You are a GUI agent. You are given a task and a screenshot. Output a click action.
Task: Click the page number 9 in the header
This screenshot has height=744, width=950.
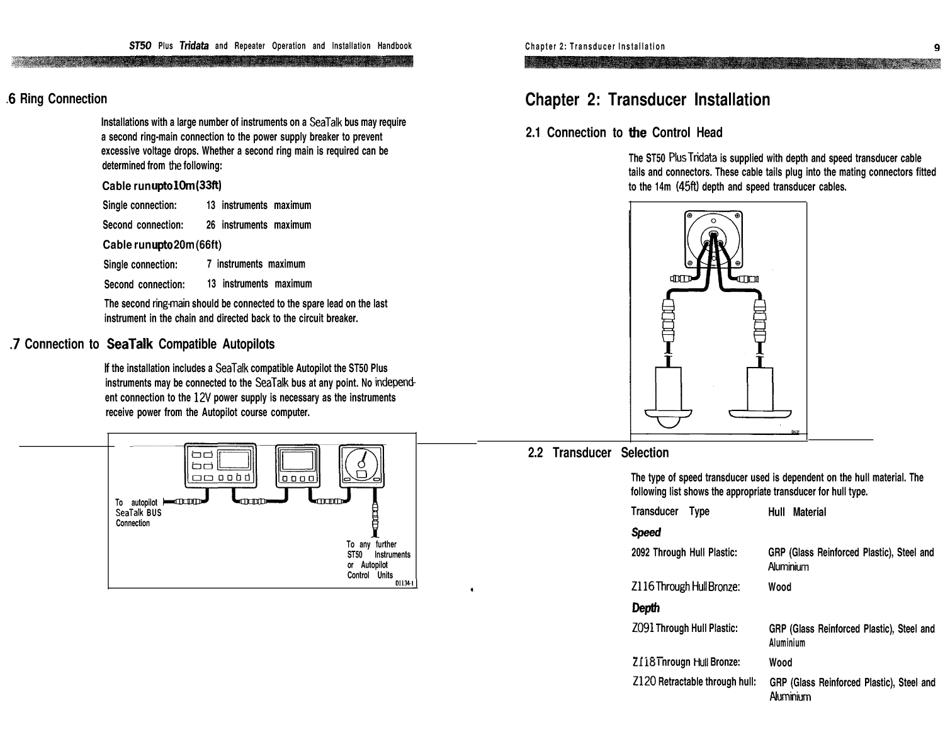[x=937, y=47]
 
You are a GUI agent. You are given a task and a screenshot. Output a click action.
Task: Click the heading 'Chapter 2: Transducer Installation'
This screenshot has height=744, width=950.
[x=647, y=99]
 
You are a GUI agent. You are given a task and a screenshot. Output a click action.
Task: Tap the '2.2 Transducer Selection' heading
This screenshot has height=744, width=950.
[x=598, y=453]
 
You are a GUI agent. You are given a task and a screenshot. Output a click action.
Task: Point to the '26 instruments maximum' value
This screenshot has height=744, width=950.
[x=258, y=225]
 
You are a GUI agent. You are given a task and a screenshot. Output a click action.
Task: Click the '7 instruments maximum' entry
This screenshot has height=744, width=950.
[x=256, y=264]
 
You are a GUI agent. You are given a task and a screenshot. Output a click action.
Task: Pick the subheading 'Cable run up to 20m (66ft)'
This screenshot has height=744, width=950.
[x=162, y=244]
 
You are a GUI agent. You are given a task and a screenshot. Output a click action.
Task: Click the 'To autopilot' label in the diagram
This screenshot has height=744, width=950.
[x=136, y=502]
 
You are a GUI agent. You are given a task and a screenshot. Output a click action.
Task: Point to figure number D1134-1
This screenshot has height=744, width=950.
[x=404, y=583]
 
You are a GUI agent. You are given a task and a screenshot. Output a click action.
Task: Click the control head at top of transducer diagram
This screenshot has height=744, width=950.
[x=713, y=239]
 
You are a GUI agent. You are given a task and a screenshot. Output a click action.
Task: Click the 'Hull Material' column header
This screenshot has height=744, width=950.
[x=796, y=512]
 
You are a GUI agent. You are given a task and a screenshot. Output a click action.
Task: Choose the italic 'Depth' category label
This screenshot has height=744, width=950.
[x=645, y=608]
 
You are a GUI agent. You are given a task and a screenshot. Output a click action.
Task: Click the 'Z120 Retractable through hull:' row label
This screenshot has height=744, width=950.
[x=693, y=682]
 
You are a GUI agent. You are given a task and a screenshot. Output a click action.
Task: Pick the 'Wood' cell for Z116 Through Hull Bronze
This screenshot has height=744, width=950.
[x=779, y=587]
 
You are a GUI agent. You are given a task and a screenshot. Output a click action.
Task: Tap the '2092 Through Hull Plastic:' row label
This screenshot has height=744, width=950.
[x=684, y=553]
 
